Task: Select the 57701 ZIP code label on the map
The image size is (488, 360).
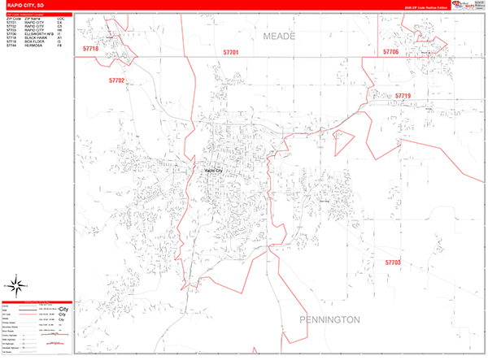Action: pos(231,53)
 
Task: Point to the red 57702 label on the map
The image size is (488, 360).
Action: pos(116,80)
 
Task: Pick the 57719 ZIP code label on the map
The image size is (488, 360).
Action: pos(403,97)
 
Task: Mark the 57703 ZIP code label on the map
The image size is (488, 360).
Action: pos(393,262)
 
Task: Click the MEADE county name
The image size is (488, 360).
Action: pos(281,37)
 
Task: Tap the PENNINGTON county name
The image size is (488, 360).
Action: pos(329,320)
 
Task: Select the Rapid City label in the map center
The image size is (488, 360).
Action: pos(214,170)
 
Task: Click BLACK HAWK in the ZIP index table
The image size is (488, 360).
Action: pos(34,37)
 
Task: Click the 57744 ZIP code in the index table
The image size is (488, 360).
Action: pos(11,45)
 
